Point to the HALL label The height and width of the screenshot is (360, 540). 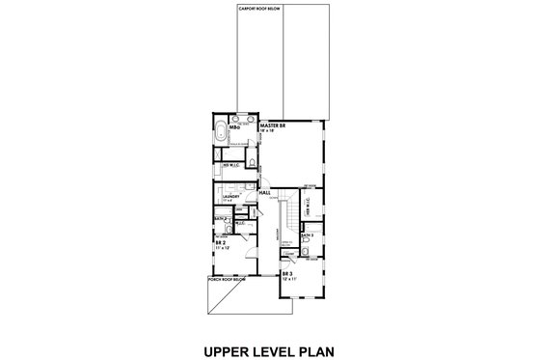coord(265,193)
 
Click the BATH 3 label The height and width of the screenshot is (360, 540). coord(306,234)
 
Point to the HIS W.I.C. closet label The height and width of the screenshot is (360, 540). coord(232,165)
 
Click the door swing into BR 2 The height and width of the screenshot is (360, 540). coord(248,248)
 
